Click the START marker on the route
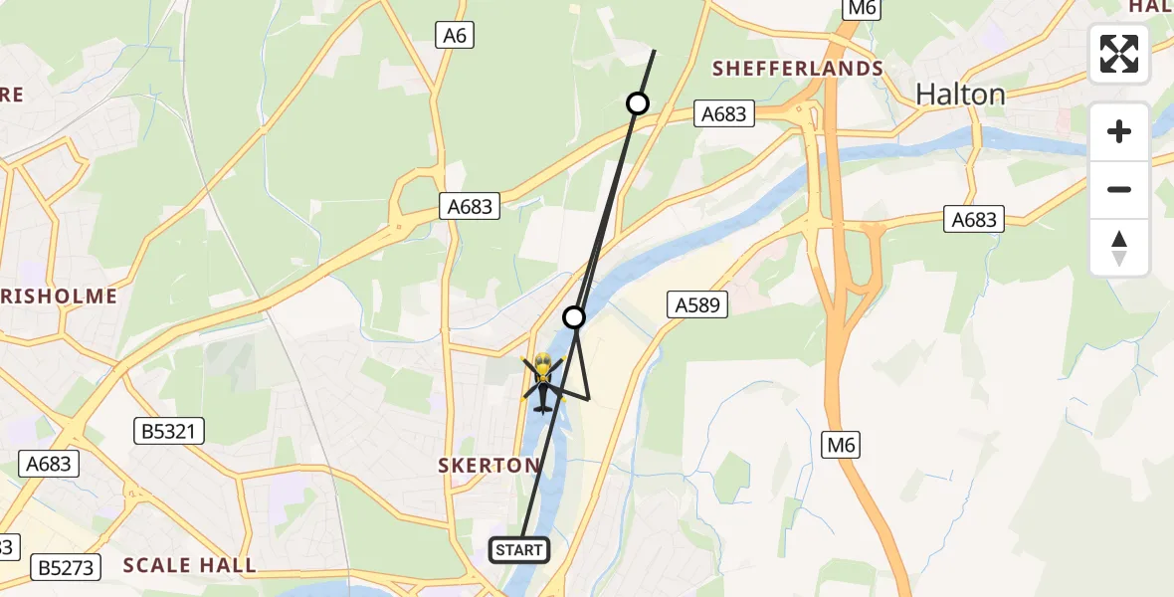[519, 549]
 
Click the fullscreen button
[1119, 54]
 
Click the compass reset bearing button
[1119, 248]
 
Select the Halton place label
[960, 95]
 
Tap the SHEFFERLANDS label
[799, 68]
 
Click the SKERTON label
[489, 465]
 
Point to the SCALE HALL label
[189, 565]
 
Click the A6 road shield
[454, 36]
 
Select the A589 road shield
[696, 305]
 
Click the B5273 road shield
[67, 568]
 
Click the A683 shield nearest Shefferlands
[723, 114]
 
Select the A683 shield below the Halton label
[973, 219]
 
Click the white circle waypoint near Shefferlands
[638, 103]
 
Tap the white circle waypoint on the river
[574, 317]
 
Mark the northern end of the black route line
[654, 51]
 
